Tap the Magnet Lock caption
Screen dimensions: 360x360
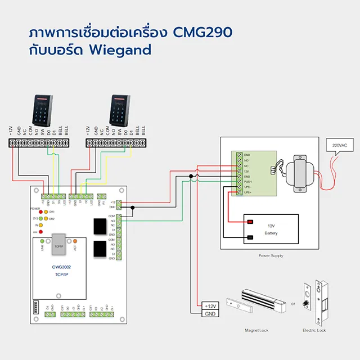click(x=255, y=330)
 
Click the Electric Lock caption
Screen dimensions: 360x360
click(x=314, y=330)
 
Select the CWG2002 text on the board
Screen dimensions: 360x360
click(x=61, y=268)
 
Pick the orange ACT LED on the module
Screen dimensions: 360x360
click(x=75, y=241)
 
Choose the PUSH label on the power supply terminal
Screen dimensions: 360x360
click(x=247, y=182)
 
